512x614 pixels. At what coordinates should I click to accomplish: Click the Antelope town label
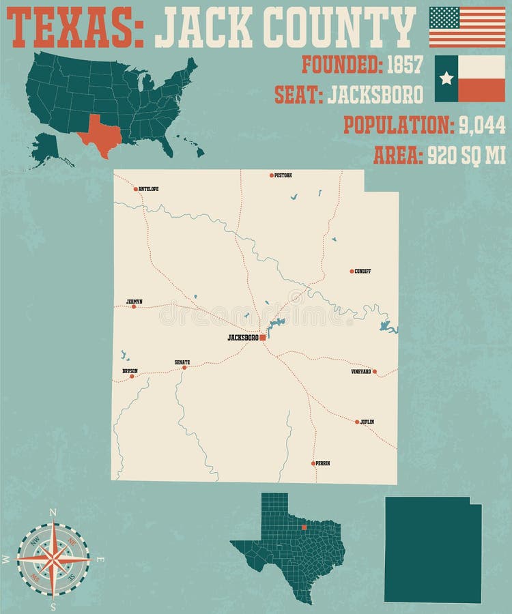pos(150,189)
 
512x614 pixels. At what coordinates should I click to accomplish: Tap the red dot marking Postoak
pos(271,175)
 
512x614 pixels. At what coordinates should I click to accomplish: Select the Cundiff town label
pos(362,272)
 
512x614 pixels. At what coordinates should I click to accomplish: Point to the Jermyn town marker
pos(134,306)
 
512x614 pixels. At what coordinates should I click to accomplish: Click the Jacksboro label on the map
pos(242,338)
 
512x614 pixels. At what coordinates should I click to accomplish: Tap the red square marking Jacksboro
pos(263,337)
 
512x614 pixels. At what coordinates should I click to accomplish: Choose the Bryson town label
pos(130,370)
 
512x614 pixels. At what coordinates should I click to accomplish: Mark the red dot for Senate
pos(184,368)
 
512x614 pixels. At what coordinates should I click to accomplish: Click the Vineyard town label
pos(360,372)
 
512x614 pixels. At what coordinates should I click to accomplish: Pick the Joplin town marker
pos(357,422)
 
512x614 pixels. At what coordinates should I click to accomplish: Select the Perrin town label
pos(323,463)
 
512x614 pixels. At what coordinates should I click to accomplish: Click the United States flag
pos(467,27)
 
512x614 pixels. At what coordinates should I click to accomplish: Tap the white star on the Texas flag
pos(446,78)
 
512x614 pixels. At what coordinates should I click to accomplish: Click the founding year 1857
pos(405,65)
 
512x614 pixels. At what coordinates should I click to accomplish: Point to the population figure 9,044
pos(481,125)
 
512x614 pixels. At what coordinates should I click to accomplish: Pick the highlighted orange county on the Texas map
pos(304,527)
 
